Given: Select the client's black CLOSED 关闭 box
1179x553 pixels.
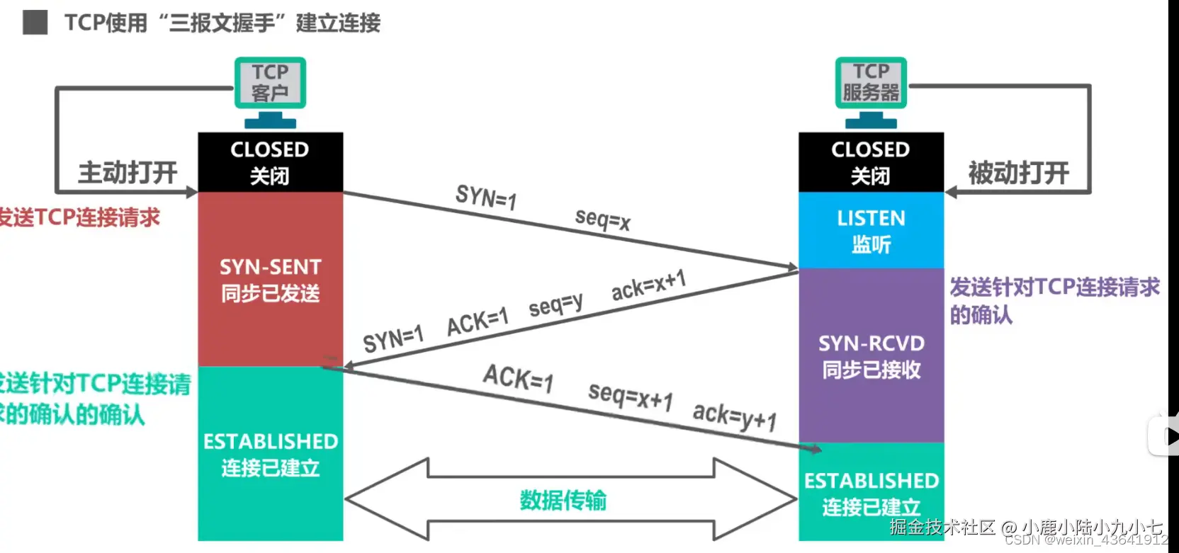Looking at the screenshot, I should coord(270,162).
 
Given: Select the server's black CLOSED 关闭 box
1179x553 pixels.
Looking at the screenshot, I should coord(871,162).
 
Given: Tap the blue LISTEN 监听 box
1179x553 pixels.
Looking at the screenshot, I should coord(871,231).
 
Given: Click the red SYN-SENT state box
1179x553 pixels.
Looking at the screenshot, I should coord(270,280).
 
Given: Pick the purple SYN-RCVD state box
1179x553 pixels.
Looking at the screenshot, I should coord(871,356).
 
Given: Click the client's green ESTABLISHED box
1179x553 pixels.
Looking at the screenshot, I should coord(270,454).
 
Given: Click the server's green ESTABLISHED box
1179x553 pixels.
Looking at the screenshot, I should coord(871,493).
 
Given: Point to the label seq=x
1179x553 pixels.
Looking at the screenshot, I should coord(602,220).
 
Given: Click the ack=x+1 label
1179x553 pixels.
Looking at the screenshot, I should coord(648,285).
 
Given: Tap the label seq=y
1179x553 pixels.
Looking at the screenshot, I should coord(556,305).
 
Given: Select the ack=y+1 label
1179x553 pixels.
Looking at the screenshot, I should coord(734,416).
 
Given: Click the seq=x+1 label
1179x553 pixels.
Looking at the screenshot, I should coord(630,396).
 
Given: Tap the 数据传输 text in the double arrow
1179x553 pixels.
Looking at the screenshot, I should coord(563,501).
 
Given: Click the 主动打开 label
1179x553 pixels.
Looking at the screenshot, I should coord(128,172).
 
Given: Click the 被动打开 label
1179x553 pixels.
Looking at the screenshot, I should coord(1018,172).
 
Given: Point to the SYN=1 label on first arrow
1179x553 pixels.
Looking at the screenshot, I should coord(486,197).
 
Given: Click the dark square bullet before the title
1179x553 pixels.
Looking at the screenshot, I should coord(35,23).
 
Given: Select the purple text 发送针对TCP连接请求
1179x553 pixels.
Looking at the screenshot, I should coord(1054,287).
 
